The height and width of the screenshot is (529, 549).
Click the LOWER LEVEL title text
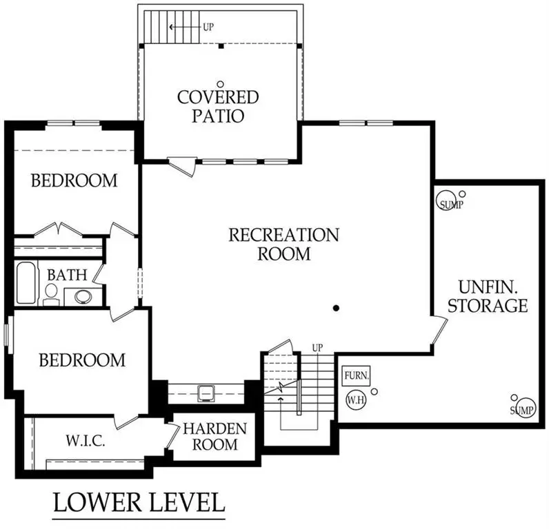point(139,503)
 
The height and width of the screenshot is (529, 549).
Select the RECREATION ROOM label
point(283,244)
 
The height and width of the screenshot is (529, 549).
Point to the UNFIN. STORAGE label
point(488,295)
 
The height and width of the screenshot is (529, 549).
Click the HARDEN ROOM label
point(214,437)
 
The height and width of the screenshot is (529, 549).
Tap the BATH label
point(66,275)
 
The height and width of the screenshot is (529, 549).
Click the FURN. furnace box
point(357,376)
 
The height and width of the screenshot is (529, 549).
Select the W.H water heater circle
point(357,400)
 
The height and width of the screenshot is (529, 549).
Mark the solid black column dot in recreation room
point(336,308)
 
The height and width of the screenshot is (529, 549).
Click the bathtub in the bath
point(26,282)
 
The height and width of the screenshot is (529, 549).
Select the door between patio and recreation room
point(181,166)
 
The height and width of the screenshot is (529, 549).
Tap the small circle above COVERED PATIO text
point(220,83)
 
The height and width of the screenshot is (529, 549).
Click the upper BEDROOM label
point(74,181)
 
